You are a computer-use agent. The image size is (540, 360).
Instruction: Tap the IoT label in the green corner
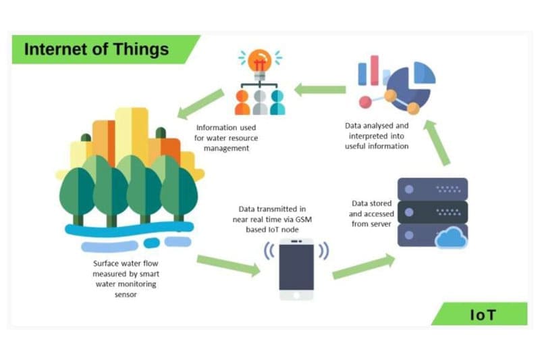tap(483, 314)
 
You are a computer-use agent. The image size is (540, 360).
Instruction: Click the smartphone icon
tap(296, 269)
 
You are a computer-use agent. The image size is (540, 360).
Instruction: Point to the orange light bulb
tap(259, 63)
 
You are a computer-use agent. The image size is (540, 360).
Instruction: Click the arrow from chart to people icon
tap(319, 89)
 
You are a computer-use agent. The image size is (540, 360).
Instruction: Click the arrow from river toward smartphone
tap(228, 265)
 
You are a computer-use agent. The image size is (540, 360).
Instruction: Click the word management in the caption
tap(227, 148)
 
